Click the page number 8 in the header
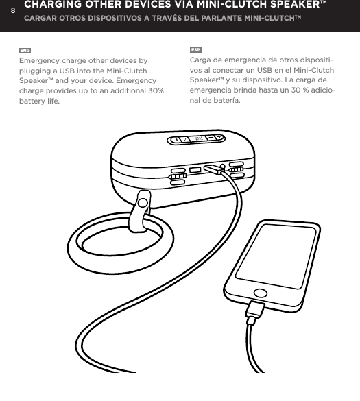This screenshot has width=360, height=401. pyautogui.click(x=12, y=10)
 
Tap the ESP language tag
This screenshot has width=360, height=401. pyautogui.click(x=195, y=51)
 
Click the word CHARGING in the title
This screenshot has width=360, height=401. pyautogui.click(x=56, y=5)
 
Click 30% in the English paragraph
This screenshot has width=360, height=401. pyautogui.click(x=154, y=90)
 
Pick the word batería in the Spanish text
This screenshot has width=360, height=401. pyautogui.click(x=223, y=100)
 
